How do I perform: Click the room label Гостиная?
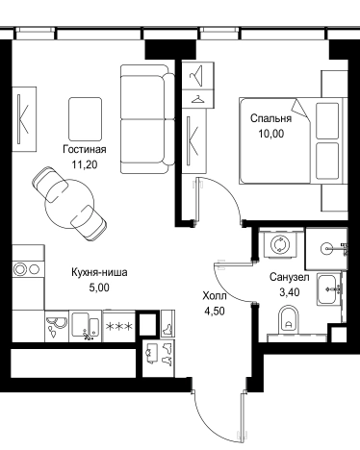tap(84, 150)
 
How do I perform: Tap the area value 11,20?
tap(84, 163)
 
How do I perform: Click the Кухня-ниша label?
tap(99, 272)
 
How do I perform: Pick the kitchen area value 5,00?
tap(99, 286)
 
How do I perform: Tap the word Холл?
tap(214, 296)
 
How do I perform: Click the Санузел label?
tap(289, 277)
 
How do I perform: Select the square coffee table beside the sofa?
tap(84, 115)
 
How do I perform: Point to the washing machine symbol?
tap(281, 244)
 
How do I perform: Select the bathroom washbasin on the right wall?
tap(330, 285)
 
